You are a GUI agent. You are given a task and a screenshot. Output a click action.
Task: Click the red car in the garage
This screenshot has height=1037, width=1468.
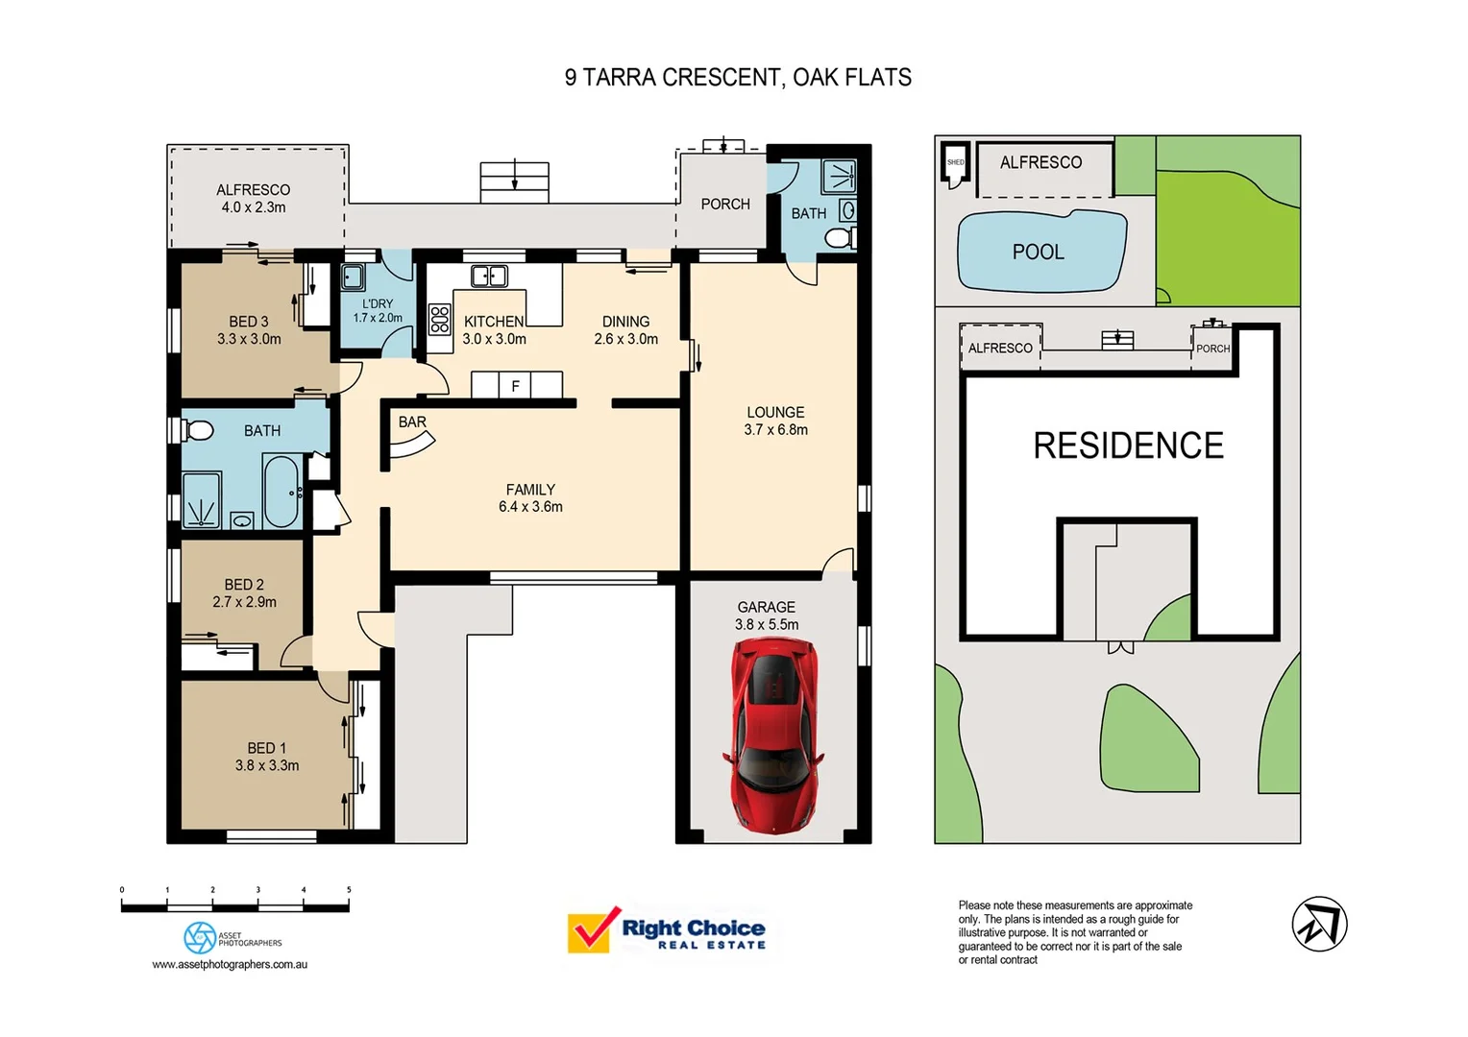coord(773,735)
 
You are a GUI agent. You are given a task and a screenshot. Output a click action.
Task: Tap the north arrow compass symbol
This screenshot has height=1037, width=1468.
coord(1319,924)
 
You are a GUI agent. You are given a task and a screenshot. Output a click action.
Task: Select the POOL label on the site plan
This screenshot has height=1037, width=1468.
coord(1038,252)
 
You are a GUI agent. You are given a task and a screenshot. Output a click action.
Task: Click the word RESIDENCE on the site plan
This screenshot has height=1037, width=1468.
coord(1128,446)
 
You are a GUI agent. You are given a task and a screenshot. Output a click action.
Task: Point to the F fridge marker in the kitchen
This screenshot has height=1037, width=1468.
coord(516,386)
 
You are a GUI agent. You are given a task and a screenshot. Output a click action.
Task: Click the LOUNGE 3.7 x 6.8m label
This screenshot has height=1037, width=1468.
coord(775,421)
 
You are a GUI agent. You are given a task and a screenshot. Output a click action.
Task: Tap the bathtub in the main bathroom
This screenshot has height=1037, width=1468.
coord(281,491)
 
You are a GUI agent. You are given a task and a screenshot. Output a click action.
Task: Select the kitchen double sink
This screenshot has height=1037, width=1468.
coord(489,277)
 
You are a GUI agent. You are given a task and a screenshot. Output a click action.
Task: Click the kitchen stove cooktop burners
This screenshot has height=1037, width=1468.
coord(439,319)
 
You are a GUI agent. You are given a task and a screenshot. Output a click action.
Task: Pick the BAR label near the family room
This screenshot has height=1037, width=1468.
coord(412,422)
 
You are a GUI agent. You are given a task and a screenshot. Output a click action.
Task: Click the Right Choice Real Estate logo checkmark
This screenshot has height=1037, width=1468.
coord(591,928)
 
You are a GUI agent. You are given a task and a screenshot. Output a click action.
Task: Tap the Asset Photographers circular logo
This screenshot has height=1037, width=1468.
coord(200,937)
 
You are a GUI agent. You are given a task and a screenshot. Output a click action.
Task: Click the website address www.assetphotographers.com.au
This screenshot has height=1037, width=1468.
coord(230,964)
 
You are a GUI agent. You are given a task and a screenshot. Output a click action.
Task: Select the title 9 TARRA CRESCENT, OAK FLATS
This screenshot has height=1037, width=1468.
coord(738,78)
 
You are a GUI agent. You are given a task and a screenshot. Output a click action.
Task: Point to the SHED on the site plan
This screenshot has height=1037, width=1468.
coord(955,162)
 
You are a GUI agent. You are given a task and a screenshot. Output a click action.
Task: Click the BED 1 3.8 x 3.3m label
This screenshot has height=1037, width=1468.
coord(267,757)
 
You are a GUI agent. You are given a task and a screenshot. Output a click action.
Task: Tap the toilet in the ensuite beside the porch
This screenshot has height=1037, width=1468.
coord(840,238)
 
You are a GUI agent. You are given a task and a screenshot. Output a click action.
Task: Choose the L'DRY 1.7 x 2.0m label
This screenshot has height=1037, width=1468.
coord(378,310)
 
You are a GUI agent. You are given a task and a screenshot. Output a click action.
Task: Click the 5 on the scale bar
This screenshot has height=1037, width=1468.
coord(349,890)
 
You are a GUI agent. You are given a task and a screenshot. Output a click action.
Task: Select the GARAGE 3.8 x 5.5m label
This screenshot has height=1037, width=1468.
coord(767,615)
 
